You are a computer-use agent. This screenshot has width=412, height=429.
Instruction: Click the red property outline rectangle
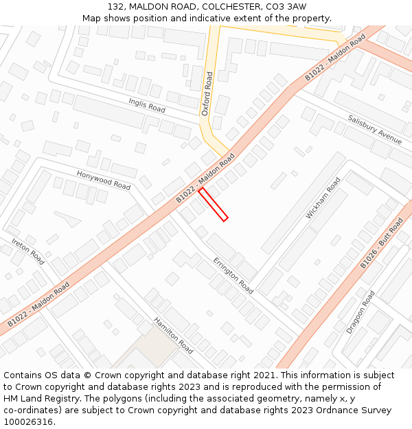click(x=213, y=204)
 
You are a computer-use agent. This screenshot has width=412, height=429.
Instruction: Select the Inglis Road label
click(x=147, y=105)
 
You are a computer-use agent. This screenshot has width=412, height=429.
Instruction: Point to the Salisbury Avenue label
click(x=374, y=128)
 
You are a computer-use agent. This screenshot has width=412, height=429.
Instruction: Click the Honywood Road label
click(x=103, y=181)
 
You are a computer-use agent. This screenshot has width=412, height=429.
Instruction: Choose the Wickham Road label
click(x=323, y=198)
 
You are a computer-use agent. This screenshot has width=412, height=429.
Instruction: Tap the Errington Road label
click(x=233, y=276)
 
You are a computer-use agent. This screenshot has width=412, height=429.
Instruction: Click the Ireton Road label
click(x=28, y=251)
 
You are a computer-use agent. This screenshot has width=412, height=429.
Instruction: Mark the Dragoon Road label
click(x=360, y=312)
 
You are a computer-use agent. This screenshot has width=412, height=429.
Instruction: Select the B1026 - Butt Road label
click(x=382, y=244)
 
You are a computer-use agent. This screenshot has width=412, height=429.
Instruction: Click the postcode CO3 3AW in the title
click(x=288, y=6)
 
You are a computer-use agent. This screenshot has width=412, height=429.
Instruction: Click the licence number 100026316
click(x=29, y=422)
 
